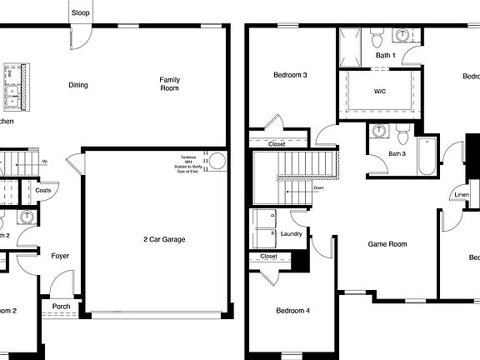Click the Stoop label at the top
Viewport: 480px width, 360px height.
pyautogui.click(x=81, y=12)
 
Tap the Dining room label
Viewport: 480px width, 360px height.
pyautogui.click(x=78, y=84)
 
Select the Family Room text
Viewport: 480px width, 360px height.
pyautogui.click(x=170, y=83)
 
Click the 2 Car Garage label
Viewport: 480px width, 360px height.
pyautogui.click(x=163, y=239)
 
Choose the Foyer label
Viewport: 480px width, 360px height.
pyautogui.click(x=60, y=256)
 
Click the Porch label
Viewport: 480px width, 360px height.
pyautogui.click(x=62, y=306)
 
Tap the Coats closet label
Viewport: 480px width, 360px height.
pyautogui.click(x=44, y=190)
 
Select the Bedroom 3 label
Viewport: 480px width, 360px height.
pyautogui.click(x=291, y=76)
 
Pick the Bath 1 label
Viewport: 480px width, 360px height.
pyautogui.click(x=385, y=55)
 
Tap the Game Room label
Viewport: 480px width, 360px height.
pyautogui.click(x=387, y=244)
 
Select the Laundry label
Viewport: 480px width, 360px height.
pyautogui.click(x=291, y=234)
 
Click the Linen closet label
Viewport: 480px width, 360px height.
pyautogui.click(x=461, y=196)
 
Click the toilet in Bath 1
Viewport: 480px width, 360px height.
pyautogui.click(x=376, y=38)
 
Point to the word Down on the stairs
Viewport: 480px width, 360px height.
pyautogui.click(x=318, y=188)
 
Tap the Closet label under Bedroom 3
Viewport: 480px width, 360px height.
pyautogui.click(x=277, y=144)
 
